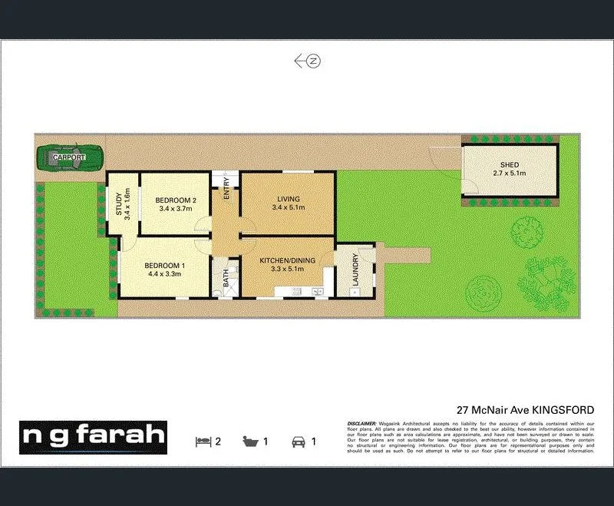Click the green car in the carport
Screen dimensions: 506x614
click(68, 157)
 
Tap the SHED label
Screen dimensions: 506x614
click(510, 165)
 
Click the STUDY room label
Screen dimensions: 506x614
click(119, 204)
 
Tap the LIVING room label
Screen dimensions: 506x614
click(289, 199)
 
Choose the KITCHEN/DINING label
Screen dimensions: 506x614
click(288, 261)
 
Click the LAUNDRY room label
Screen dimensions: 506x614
click(355, 271)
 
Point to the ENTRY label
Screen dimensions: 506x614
click(226, 189)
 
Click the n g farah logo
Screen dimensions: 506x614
click(93, 437)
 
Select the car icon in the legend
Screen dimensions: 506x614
click(297, 442)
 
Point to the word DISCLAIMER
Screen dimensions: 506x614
click(361, 423)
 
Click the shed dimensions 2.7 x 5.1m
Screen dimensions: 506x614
click(510, 174)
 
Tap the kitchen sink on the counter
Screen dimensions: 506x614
click(316, 292)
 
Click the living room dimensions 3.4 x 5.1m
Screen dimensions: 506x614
click(289, 208)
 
